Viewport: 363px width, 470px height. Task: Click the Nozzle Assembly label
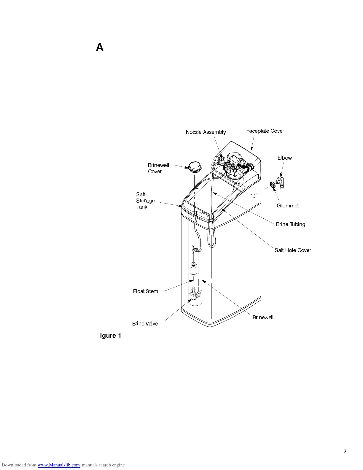point(206,132)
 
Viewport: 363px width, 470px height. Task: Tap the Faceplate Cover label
point(265,131)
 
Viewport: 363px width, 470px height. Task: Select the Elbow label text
point(284,158)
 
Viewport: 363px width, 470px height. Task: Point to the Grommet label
point(287,206)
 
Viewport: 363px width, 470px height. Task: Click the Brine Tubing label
point(290,224)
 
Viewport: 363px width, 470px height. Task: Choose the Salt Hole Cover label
point(293,250)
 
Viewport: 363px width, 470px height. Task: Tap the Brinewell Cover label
point(158,168)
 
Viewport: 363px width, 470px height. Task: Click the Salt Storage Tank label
point(145,201)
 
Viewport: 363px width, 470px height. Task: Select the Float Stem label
point(145,291)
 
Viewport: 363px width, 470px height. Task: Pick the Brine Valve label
point(145,324)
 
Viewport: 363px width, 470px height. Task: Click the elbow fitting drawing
point(280,182)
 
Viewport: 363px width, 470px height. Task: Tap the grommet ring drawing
point(272,185)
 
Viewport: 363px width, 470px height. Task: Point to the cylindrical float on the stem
point(194,270)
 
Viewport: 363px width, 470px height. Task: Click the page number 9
point(345,451)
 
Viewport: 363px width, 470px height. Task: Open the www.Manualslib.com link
point(58,465)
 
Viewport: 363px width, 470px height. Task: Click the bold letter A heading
point(100,47)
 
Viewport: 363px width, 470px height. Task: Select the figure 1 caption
point(111,336)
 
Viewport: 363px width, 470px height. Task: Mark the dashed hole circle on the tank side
point(253,196)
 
